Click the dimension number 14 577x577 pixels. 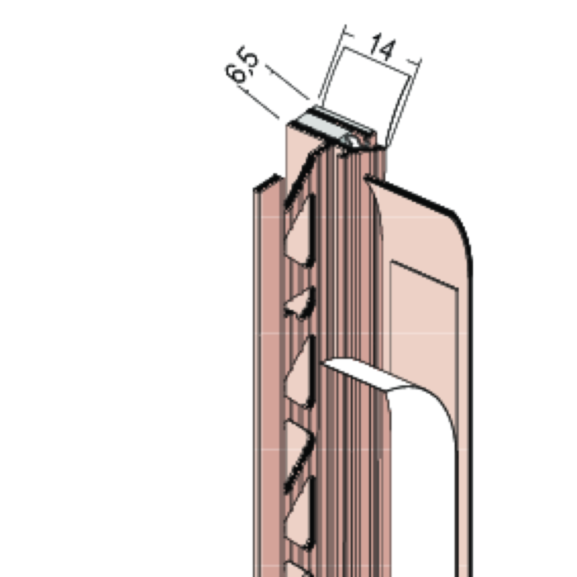pyautogui.click(x=383, y=47)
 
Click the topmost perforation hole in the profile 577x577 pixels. pyautogui.click(x=300, y=230)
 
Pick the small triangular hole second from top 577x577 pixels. pyautogui.click(x=300, y=303)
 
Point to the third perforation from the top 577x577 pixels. pyautogui.click(x=300, y=372)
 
